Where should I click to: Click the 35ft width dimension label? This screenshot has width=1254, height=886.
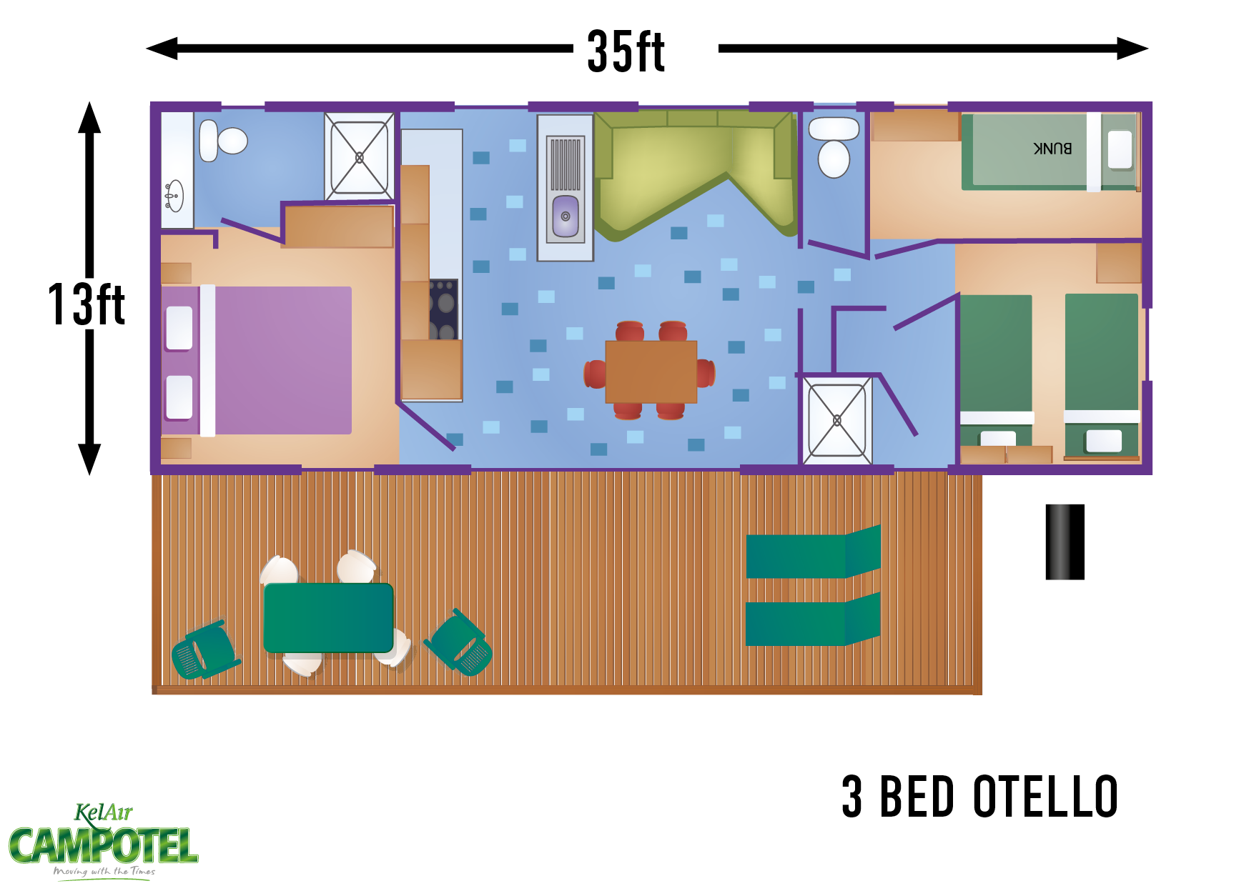pyautogui.click(x=626, y=51)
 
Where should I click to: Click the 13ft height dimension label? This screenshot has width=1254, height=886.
pyautogui.click(x=87, y=304)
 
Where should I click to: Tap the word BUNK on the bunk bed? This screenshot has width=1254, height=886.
pyautogui.click(x=1052, y=148)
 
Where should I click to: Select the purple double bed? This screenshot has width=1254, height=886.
pyautogui.click(x=257, y=360)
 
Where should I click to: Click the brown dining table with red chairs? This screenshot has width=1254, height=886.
pyautogui.click(x=651, y=372)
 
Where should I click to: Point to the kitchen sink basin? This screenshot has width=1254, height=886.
pyautogui.click(x=566, y=216)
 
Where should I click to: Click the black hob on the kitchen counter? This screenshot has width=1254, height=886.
pyautogui.click(x=444, y=309)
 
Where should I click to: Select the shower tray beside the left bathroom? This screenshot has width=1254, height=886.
pyautogui.click(x=359, y=156)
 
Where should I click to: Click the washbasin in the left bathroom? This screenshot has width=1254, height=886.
pyautogui.click(x=174, y=196)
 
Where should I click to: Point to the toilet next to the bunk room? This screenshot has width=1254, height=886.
pyautogui.click(x=834, y=147)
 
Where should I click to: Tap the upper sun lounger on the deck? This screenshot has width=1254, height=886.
pyautogui.click(x=813, y=552)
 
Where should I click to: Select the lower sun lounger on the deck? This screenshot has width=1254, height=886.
pyautogui.click(x=813, y=620)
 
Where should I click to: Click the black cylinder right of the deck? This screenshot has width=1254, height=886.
pyautogui.click(x=1065, y=542)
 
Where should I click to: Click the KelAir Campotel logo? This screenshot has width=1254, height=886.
pyautogui.click(x=104, y=842)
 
